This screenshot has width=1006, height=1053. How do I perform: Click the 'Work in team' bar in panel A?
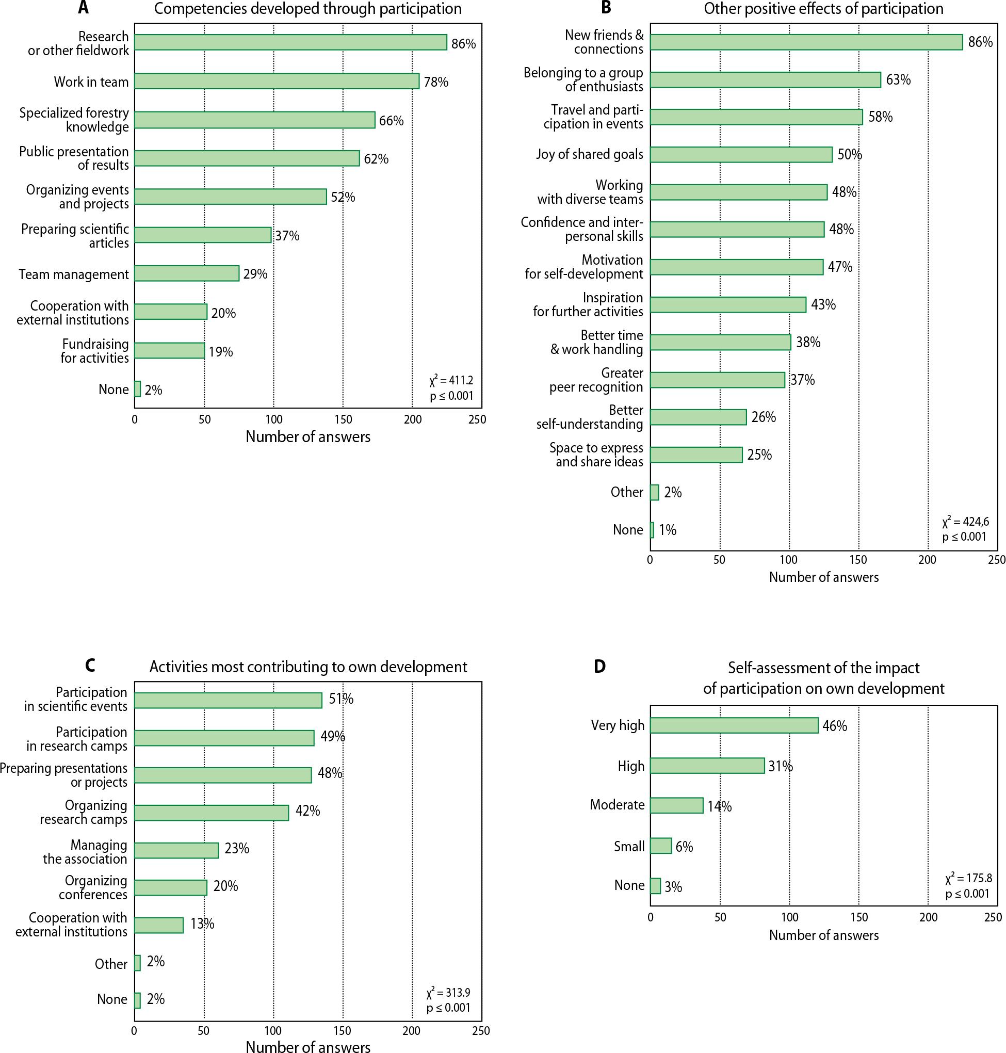pos(277,82)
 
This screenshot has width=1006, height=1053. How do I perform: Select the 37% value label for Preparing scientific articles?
pos(287,236)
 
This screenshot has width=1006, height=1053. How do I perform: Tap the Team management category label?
pos(74,274)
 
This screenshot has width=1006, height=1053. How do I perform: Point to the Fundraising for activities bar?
pos(169,351)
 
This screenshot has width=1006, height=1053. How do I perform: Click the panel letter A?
pos(83,8)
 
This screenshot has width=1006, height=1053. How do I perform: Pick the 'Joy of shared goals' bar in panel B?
pos(741,155)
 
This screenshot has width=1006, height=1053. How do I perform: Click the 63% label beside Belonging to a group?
pos(898,80)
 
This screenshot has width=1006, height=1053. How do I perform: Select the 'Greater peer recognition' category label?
pos(596,380)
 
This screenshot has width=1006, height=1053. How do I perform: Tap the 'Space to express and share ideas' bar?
pos(696,455)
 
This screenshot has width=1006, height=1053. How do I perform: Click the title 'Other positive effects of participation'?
pos(824,9)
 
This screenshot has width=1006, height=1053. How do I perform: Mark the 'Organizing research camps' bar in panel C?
pos(212,813)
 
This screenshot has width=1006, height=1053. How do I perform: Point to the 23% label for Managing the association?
pos(236,849)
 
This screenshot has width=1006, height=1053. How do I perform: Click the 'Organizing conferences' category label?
pos(93,887)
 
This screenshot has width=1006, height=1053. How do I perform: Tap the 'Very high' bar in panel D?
pos(734,725)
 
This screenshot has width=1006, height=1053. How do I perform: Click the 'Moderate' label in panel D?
pos(617,805)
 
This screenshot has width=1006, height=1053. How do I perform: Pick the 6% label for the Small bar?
pos(684,847)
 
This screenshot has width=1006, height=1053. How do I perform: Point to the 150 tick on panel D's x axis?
pos(858,917)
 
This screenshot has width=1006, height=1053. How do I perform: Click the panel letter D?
pos(599,667)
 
